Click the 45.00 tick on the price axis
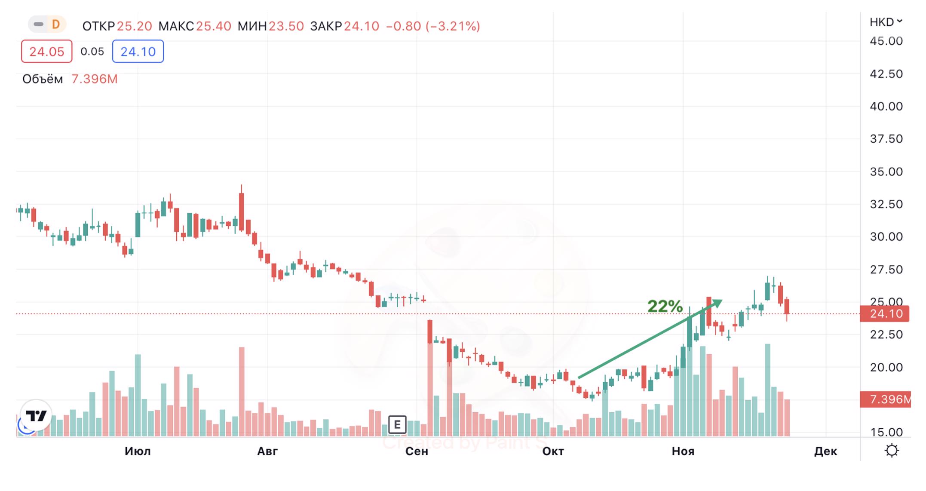click(886, 41)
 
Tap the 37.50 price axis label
click(886, 139)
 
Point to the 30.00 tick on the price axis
click(886, 236)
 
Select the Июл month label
click(138, 451)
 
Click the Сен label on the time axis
click(417, 451)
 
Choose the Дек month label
click(825, 451)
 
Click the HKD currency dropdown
click(886, 22)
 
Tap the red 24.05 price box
click(46, 52)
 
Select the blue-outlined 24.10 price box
click(138, 52)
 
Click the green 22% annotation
click(665, 307)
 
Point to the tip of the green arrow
click(721, 301)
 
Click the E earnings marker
click(397, 425)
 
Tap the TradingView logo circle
click(36, 416)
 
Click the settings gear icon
click(892, 451)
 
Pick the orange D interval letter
click(55, 25)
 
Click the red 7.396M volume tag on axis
click(886, 399)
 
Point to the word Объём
click(43, 79)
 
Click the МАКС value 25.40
click(214, 26)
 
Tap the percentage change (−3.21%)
click(453, 26)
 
